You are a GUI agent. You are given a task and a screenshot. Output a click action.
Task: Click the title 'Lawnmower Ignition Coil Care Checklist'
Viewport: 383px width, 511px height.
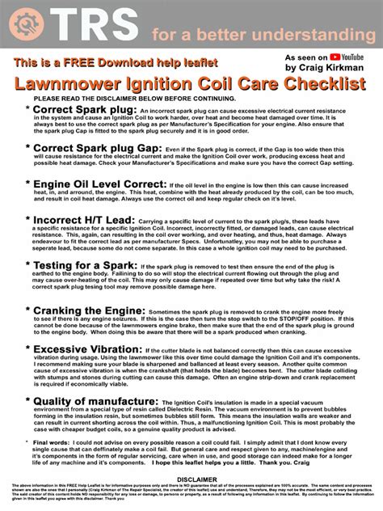tap(191, 85)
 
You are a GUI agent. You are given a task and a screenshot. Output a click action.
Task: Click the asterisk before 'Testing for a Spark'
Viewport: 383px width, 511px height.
tap(29, 265)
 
